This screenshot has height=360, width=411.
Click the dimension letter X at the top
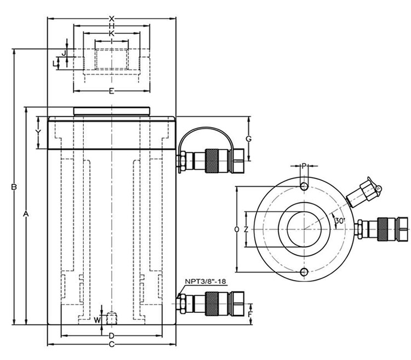point(111,19)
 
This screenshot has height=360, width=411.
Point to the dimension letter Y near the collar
point(38,133)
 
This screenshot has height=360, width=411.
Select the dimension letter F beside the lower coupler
point(250,314)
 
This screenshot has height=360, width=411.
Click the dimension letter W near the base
point(98,319)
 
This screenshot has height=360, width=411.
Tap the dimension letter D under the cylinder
point(111,335)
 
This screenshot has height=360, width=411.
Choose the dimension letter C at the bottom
point(111,345)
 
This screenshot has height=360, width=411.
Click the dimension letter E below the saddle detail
point(111,91)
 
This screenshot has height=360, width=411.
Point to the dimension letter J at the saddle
point(64,53)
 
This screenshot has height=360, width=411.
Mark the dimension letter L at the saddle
point(54,64)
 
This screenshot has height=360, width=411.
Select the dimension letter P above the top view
point(304,165)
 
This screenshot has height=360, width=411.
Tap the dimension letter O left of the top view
point(236,230)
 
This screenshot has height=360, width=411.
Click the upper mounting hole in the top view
point(304,187)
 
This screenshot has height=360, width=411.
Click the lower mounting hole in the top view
point(304,272)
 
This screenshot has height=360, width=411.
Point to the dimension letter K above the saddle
point(111,33)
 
